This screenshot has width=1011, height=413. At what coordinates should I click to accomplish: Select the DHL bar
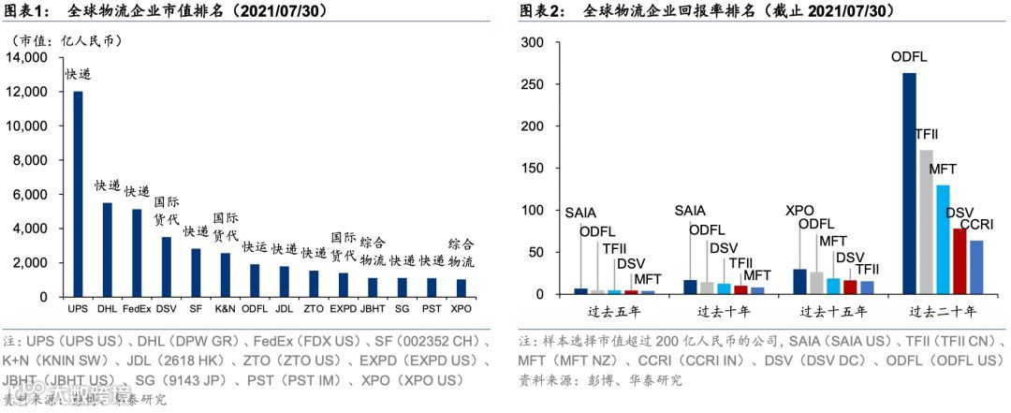(x=107, y=249)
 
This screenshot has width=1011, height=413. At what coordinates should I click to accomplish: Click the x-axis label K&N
(x=225, y=307)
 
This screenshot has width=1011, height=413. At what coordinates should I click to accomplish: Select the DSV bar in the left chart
(x=166, y=267)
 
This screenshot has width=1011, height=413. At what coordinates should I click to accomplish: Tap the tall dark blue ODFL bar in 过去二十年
(x=909, y=184)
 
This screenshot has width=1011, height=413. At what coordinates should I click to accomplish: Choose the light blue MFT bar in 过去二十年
(x=943, y=240)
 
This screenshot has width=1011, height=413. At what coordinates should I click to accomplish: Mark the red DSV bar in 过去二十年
(x=960, y=261)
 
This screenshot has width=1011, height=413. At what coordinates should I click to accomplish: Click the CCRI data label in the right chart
(x=977, y=225)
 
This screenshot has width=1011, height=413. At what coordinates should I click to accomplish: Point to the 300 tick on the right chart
(x=532, y=43)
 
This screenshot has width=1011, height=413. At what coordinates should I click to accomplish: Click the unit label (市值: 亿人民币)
(x=66, y=41)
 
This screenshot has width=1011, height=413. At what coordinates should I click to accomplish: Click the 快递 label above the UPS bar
(x=78, y=74)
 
